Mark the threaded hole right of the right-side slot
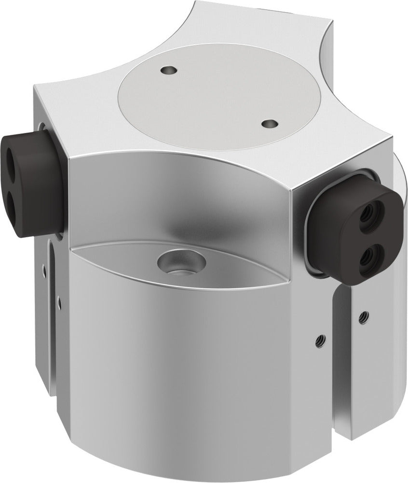tap(361, 317)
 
